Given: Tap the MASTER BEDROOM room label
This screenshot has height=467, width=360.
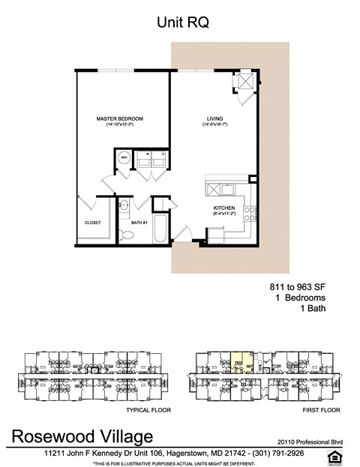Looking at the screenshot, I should tap(119, 119).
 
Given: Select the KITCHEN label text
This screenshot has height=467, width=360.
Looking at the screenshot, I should tap(225, 208).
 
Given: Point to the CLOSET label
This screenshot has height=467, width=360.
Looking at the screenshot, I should tap(93, 223).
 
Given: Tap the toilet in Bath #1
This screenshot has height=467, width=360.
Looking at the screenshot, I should tap(127, 235).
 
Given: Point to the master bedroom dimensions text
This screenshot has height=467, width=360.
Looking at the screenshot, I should tap(119, 125).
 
